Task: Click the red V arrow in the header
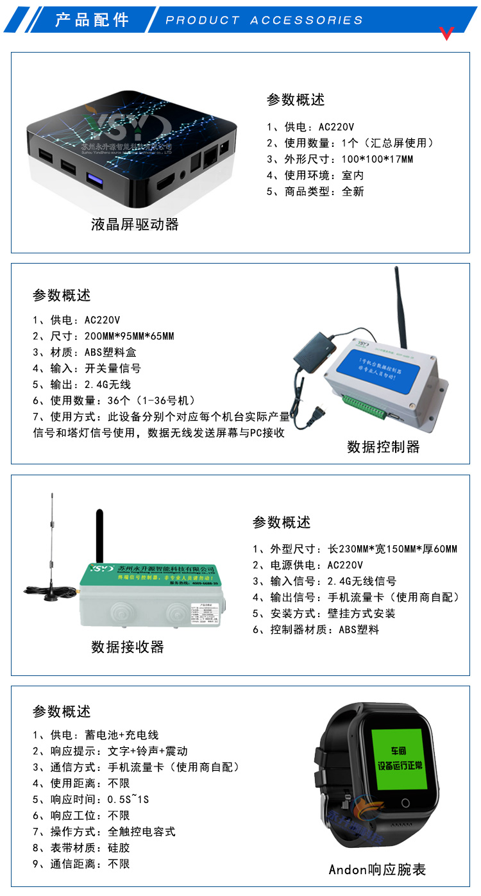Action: [x=447, y=33]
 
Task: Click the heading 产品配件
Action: [x=92, y=19]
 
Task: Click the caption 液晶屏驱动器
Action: [x=135, y=224]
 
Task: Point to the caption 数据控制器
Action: [x=383, y=447]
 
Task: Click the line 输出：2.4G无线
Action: [x=81, y=384]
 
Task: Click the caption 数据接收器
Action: [x=127, y=647]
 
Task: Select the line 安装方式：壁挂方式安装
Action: [x=324, y=613]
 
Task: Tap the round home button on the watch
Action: [x=405, y=803]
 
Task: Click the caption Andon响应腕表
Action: [x=377, y=870]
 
